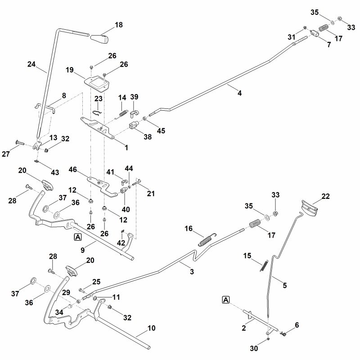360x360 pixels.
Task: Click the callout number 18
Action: tap(118, 25)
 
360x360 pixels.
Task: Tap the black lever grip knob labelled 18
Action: tap(100, 38)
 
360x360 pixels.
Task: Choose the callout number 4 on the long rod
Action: tap(239, 93)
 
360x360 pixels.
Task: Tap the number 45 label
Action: tap(161, 130)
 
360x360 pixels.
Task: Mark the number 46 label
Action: tap(73, 170)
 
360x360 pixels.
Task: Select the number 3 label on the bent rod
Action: tap(192, 272)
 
